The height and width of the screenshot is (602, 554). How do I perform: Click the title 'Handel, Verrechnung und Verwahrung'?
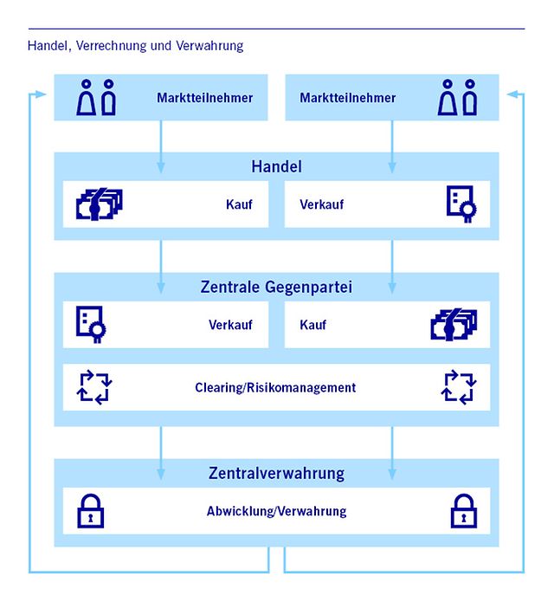pyautogui.click(x=135, y=46)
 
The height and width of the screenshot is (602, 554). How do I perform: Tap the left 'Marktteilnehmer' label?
pyautogui.click(x=205, y=98)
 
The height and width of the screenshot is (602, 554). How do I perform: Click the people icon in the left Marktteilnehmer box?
pyautogui.click(x=96, y=97)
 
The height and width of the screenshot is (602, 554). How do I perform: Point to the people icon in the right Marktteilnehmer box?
pyautogui.click(x=458, y=97)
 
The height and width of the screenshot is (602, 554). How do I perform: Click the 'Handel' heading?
pyautogui.click(x=276, y=165)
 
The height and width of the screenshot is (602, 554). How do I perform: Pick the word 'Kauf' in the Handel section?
pyautogui.click(x=239, y=206)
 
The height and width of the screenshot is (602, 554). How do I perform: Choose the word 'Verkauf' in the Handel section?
pyautogui.click(x=322, y=206)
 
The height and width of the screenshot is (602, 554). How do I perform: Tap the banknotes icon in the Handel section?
pyautogui.click(x=99, y=205)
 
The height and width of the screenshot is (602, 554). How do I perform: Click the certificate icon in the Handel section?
pyautogui.click(x=460, y=205)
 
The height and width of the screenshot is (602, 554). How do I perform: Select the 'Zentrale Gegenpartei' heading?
pyautogui.click(x=277, y=287)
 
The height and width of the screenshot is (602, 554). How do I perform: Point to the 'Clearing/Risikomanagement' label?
pyautogui.click(x=275, y=387)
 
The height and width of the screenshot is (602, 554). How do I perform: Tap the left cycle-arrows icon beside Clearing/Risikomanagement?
pyautogui.click(x=94, y=387)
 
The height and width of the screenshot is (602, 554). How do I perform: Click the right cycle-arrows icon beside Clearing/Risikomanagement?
pyautogui.click(x=460, y=387)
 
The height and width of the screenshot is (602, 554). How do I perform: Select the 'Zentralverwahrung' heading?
pyautogui.click(x=277, y=473)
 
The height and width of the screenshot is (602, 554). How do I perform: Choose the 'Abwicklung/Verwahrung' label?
pyautogui.click(x=276, y=511)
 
